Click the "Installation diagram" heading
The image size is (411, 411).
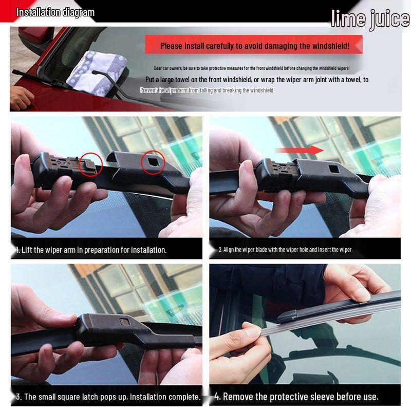coord(55,12)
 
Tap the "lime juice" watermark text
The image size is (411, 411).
coord(370,19)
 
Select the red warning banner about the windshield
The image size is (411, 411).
coord(254,45)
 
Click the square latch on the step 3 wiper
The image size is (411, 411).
coord(125,323)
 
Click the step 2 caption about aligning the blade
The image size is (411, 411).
coord(286,250)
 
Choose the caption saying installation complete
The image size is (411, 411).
coord(108,397)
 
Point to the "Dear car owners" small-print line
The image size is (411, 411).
coord(252,68)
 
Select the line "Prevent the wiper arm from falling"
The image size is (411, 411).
coord(207,90)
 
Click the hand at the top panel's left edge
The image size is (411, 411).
coord(21,97)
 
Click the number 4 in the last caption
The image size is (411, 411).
coord(217,396)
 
